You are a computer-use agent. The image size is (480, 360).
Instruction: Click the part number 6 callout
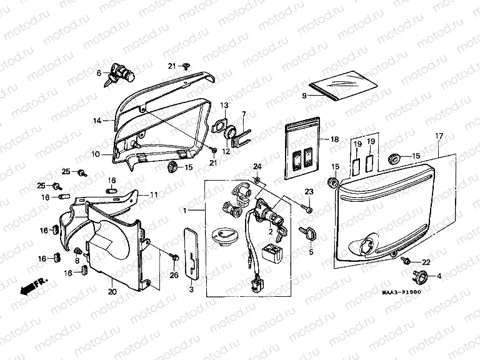pyautogui.click(x=99, y=73)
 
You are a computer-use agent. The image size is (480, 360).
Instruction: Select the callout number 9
pyautogui.click(x=304, y=96)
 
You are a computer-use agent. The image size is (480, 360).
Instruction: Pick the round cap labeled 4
pyautogui.click(x=419, y=276)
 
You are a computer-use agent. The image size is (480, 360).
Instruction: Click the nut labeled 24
pyautogui.click(x=257, y=180)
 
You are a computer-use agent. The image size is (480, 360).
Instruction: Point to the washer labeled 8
pyautogui.click(x=78, y=251)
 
